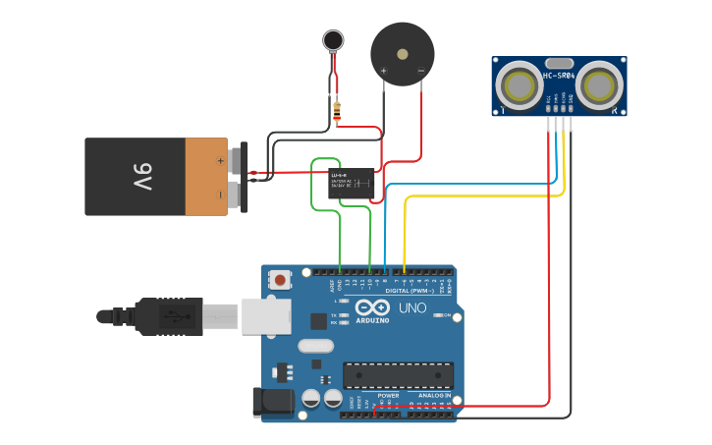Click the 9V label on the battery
142,177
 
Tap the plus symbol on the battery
221,159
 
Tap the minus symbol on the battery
221,195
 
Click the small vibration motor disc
335,40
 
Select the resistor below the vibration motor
337,112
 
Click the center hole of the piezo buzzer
402,53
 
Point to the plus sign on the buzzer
383,71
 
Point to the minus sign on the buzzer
420,71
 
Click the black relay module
351,184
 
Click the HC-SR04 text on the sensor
558,76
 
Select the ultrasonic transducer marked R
599,85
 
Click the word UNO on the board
412,308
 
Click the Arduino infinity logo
373,306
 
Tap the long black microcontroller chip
398,375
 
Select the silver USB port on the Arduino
266,316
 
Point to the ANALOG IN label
434,395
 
